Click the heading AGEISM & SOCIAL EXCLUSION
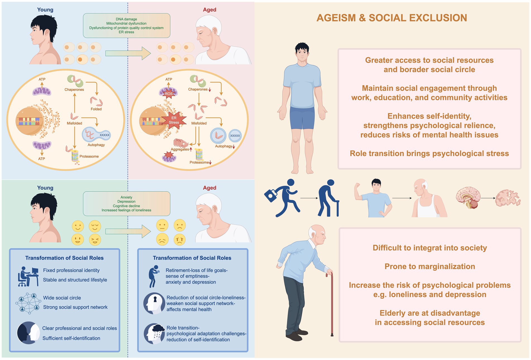tap(392, 18)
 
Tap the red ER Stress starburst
tap(174, 120)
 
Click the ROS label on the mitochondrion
tap(169, 94)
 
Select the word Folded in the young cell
tap(96, 109)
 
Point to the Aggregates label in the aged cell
tap(180, 149)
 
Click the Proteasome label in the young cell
tap(89, 156)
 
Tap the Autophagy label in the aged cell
tap(224, 146)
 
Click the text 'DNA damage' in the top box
tap(126, 19)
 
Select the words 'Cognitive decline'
tap(126, 206)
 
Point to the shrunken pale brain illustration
tap(508, 198)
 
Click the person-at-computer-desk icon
tap(28, 276)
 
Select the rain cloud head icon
tap(154, 333)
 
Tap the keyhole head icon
tap(154, 303)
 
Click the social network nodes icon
tap(27, 302)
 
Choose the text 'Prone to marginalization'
tap(430, 266)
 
